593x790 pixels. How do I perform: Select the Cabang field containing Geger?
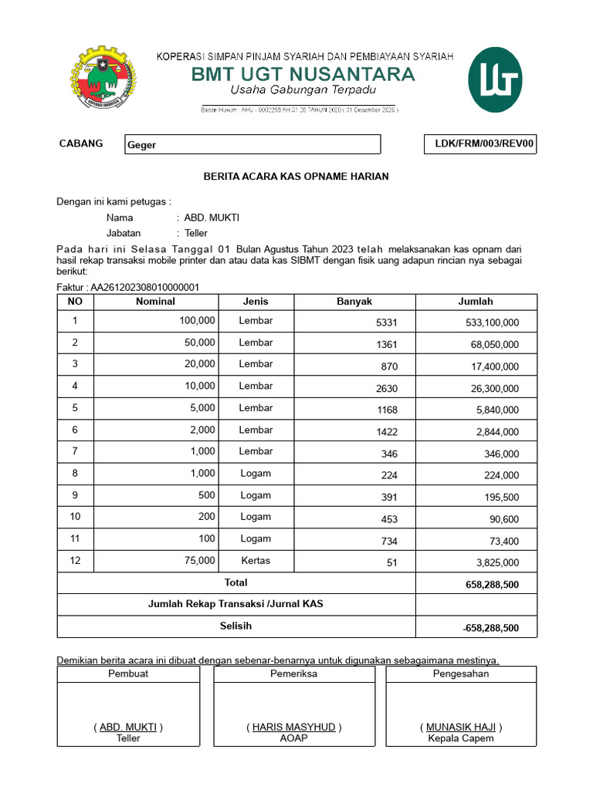coord(252,145)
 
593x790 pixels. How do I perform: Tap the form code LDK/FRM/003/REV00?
coord(480,144)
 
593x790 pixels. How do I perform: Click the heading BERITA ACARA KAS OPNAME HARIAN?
coord(296,177)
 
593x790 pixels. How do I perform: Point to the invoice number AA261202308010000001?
coord(145,288)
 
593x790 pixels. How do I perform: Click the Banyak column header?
coord(354,302)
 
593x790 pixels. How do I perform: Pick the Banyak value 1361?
coord(386,345)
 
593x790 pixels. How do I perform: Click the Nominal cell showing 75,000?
coord(198,561)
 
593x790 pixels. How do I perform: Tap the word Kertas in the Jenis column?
coord(256,561)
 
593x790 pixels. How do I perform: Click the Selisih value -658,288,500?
coord(490,629)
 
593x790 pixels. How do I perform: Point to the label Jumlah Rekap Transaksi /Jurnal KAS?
coord(236,604)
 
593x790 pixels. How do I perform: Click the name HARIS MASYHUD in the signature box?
coord(294,728)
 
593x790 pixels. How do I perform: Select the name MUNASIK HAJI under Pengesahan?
coord(461,728)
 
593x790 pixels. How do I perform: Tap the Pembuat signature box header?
coord(128,674)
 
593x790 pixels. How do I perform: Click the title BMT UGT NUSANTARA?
coord(303,75)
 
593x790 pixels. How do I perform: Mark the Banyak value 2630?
coord(386,389)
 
